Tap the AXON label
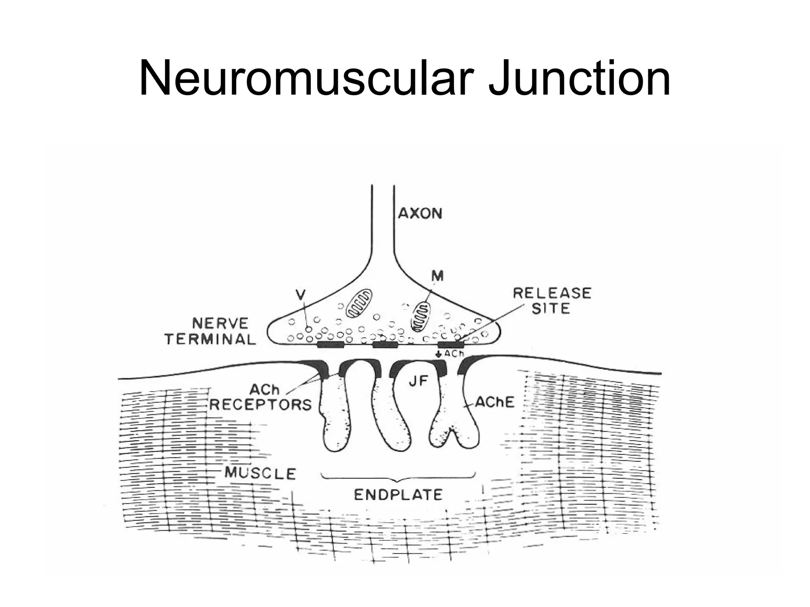(420, 213)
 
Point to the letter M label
(437, 277)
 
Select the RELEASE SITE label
(552, 300)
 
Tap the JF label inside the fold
(418, 381)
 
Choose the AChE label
(494, 402)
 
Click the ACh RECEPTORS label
(261, 397)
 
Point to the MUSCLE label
(260, 473)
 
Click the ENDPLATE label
(398, 495)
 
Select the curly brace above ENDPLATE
(399, 477)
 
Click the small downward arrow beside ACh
(438, 354)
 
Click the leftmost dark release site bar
(331, 345)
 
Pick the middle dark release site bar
(385, 345)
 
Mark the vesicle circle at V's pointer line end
(309, 329)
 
